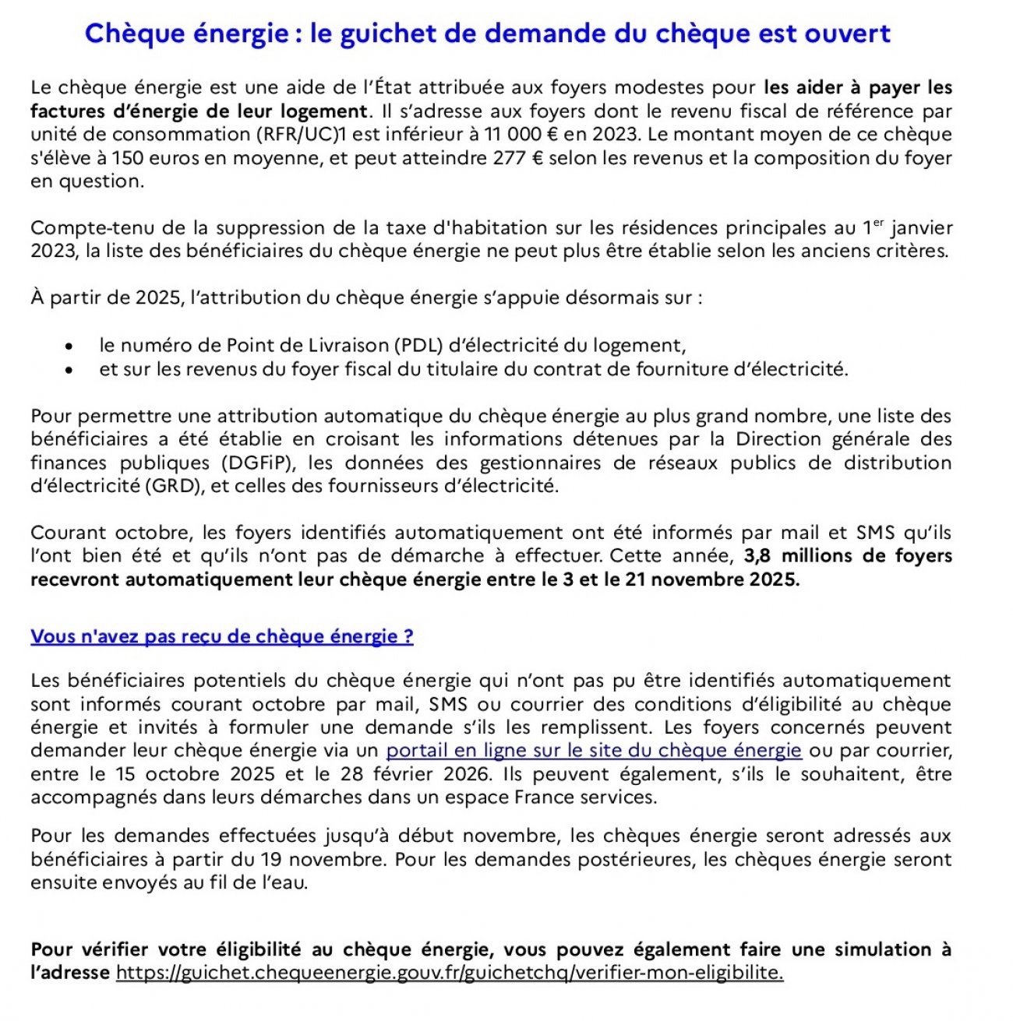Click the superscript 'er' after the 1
[879, 223]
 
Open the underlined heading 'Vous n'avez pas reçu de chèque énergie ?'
[222, 637]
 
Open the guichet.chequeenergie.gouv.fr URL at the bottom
[450, 973]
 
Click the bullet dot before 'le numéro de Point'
[70, 347]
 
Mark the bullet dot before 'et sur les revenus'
[70, 370]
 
